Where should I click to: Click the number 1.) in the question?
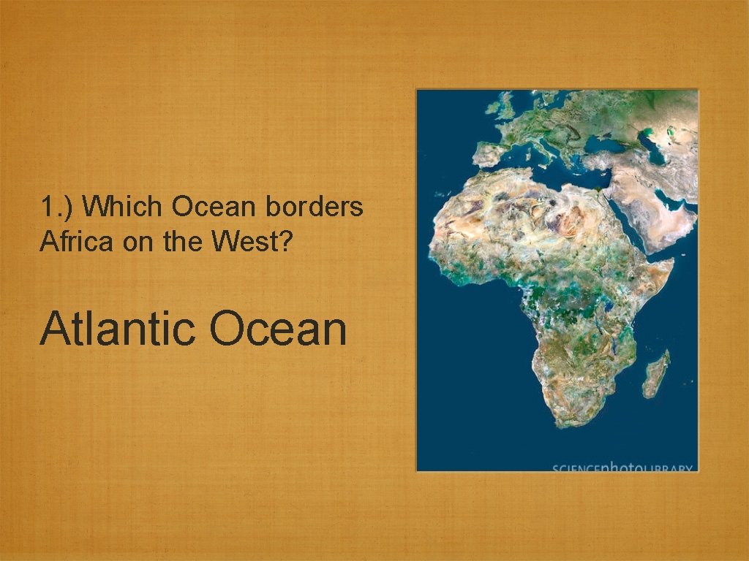point(57,208)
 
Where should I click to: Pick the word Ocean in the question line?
point(214,207)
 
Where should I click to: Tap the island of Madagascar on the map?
point(657,374)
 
